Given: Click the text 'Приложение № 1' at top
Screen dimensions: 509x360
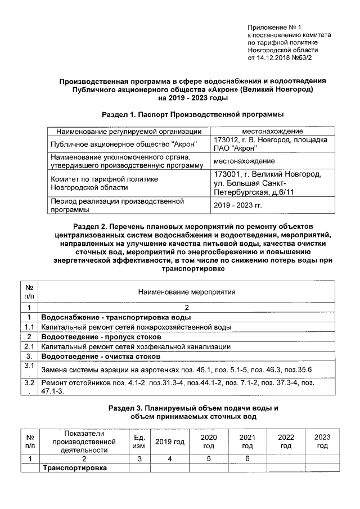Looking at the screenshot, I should tap(275, 28).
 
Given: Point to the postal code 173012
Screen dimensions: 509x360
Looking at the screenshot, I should tap(227, 139).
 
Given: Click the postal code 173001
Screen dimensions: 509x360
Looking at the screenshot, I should tap(231, 174).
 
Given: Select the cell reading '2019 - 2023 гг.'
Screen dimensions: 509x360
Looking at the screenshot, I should tap(238, 205).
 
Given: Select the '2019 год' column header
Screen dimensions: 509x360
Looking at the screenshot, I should tap(170, 442).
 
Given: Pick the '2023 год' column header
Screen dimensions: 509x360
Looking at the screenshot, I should tap(322, 442).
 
